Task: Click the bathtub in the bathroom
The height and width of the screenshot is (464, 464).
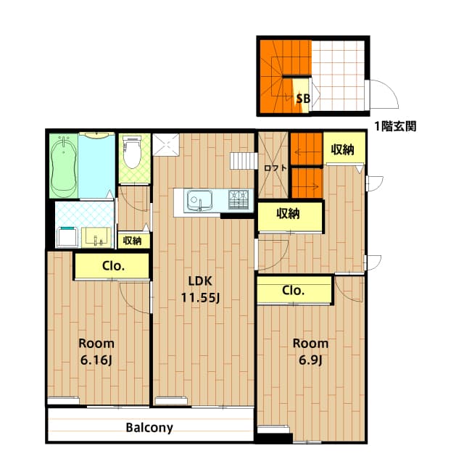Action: point(64,166)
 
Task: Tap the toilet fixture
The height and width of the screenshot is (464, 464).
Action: point(132,152)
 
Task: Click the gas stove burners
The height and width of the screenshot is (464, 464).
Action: point(239,200)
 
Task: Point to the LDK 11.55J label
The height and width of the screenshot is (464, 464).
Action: point(200,289)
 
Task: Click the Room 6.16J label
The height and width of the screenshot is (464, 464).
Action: point(96,352)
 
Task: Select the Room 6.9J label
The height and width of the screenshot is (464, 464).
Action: point(310,352)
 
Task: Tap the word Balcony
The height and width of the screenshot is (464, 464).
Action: point(149,428)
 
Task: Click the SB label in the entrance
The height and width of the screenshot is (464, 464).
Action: point(303,99)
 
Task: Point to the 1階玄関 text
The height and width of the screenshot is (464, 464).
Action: point(395,126)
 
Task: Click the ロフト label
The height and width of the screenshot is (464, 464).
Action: point(275,168)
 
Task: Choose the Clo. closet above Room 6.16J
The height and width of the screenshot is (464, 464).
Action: point(112,266)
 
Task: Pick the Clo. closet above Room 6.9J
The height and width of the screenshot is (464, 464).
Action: point(294,290)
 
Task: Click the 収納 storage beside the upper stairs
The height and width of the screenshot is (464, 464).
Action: point(343,149)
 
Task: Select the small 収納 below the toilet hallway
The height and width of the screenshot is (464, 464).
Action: point(133,241)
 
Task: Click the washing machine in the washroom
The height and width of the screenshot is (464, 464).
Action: point(68,237)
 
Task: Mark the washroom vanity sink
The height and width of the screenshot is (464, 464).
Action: point(96,237)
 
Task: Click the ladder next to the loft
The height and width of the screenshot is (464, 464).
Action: point(244,161)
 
